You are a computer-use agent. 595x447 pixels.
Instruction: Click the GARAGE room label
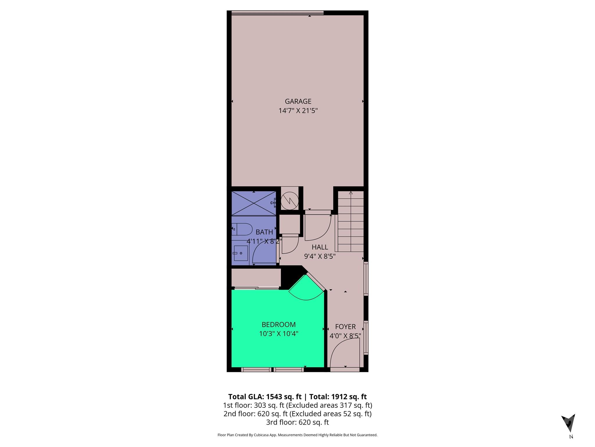(x=298, y=101)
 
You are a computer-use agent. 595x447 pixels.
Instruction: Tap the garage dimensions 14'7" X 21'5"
(x=298, y=111)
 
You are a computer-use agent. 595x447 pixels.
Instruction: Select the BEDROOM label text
(x=278, y=324)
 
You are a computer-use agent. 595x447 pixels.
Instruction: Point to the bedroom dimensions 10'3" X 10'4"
(x=278, y=334)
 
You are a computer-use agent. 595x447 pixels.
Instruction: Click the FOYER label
(x=345, y=327)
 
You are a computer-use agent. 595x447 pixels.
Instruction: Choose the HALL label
(x=320, y=247)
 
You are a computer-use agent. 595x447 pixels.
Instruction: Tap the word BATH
(x=264, y=232)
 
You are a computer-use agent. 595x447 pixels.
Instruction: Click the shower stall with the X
(x=254, y=203)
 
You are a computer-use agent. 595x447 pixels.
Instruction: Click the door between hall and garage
(x=318, y=227)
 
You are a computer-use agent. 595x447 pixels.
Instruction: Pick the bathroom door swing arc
(x=264, y=253)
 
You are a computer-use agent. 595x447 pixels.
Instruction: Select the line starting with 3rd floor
(x=297, y=422)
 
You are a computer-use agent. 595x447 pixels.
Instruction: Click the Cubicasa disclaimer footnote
(x=297, y=435)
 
